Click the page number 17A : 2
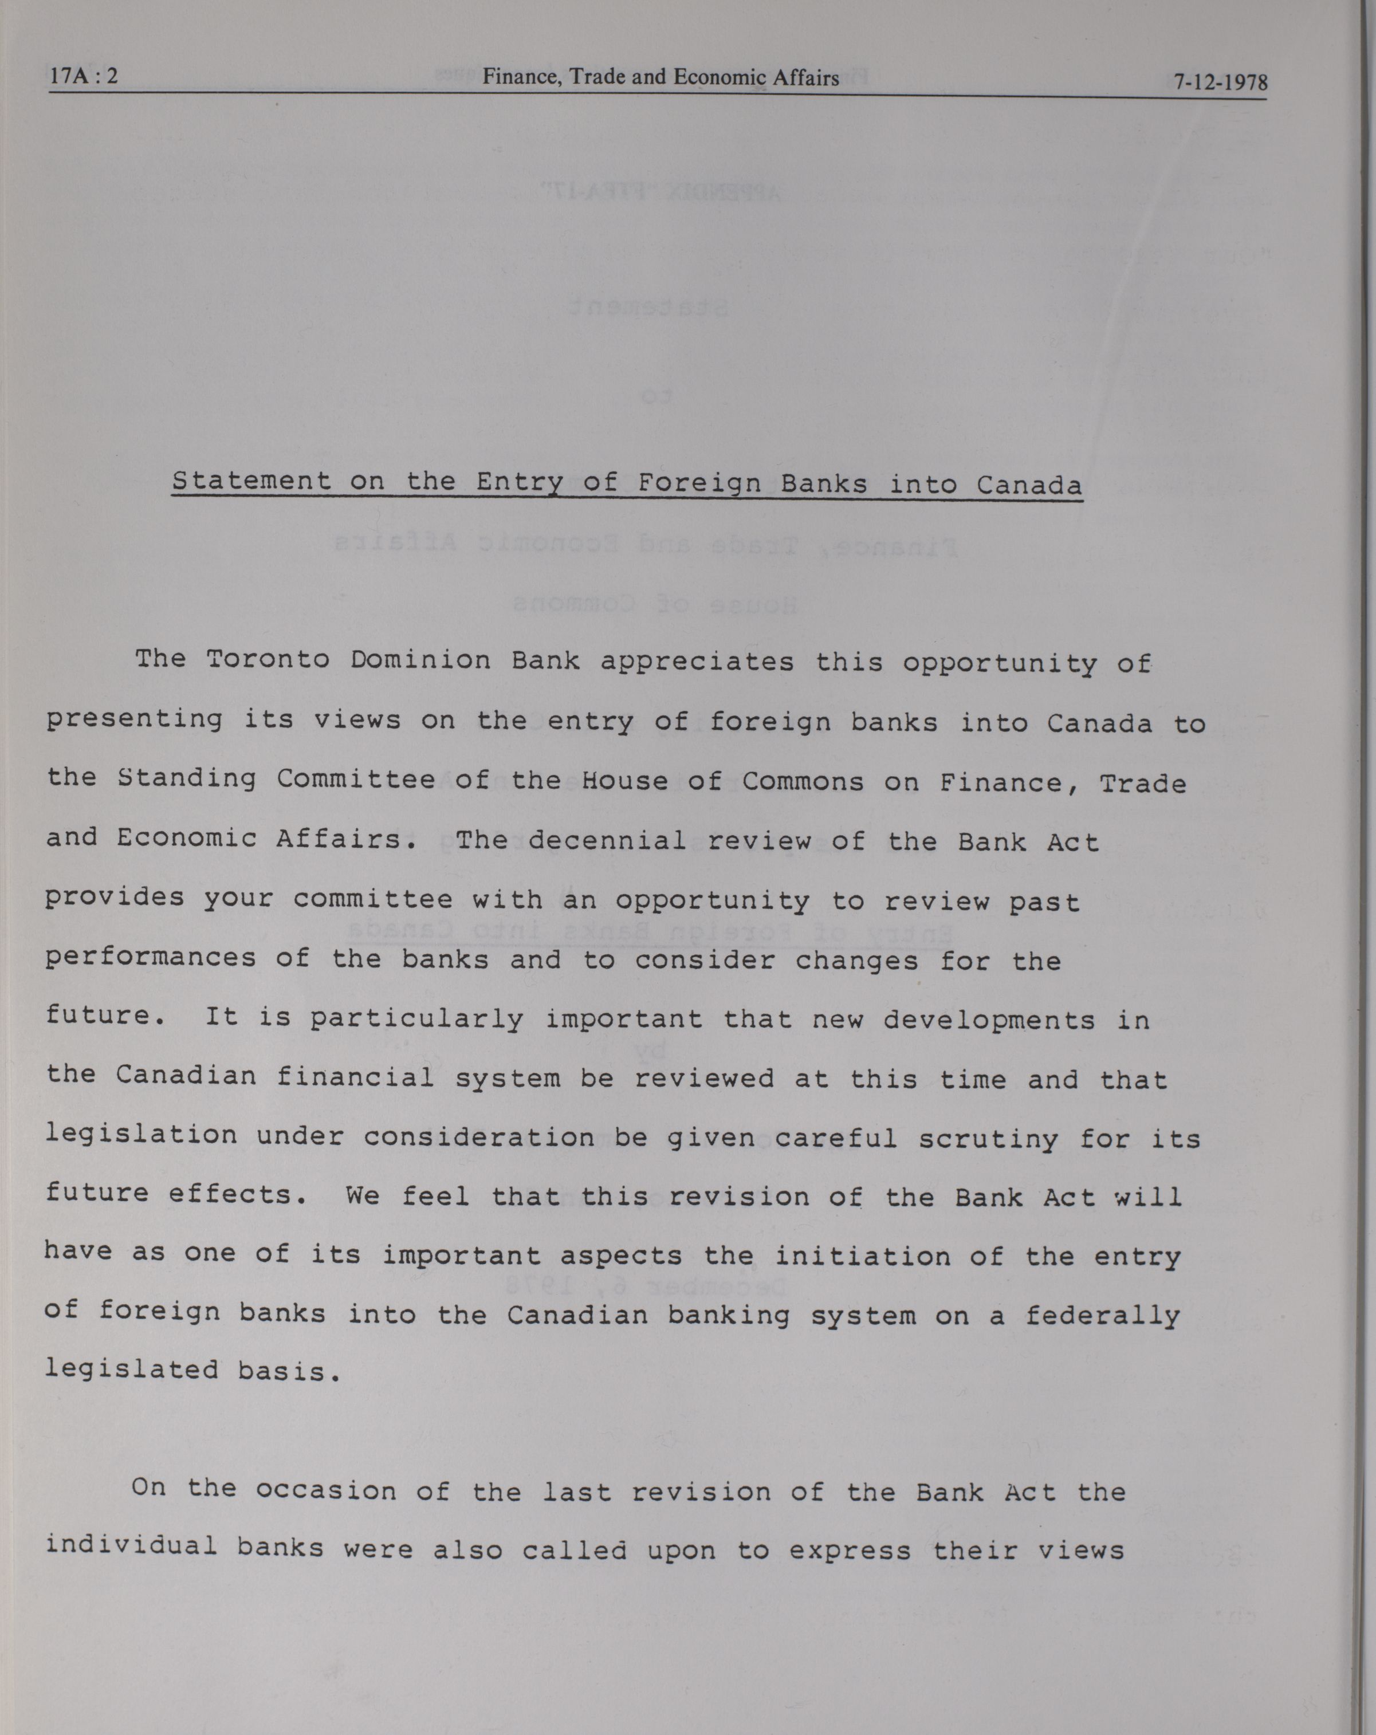click(x=84, y=76)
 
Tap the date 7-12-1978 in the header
click(x=1220, y=82)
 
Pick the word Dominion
click(x=421, y=660)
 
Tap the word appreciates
click(x=697, y=662)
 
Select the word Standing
click(x=187, y=779)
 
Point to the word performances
click(x=151, y=958)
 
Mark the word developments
click(x=989, y=1020)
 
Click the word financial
click(x=355, y=1077)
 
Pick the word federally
click(x=1102, y=1315)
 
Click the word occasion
click(x=326, y=1490)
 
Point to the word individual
click(x=131, y=1545)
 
